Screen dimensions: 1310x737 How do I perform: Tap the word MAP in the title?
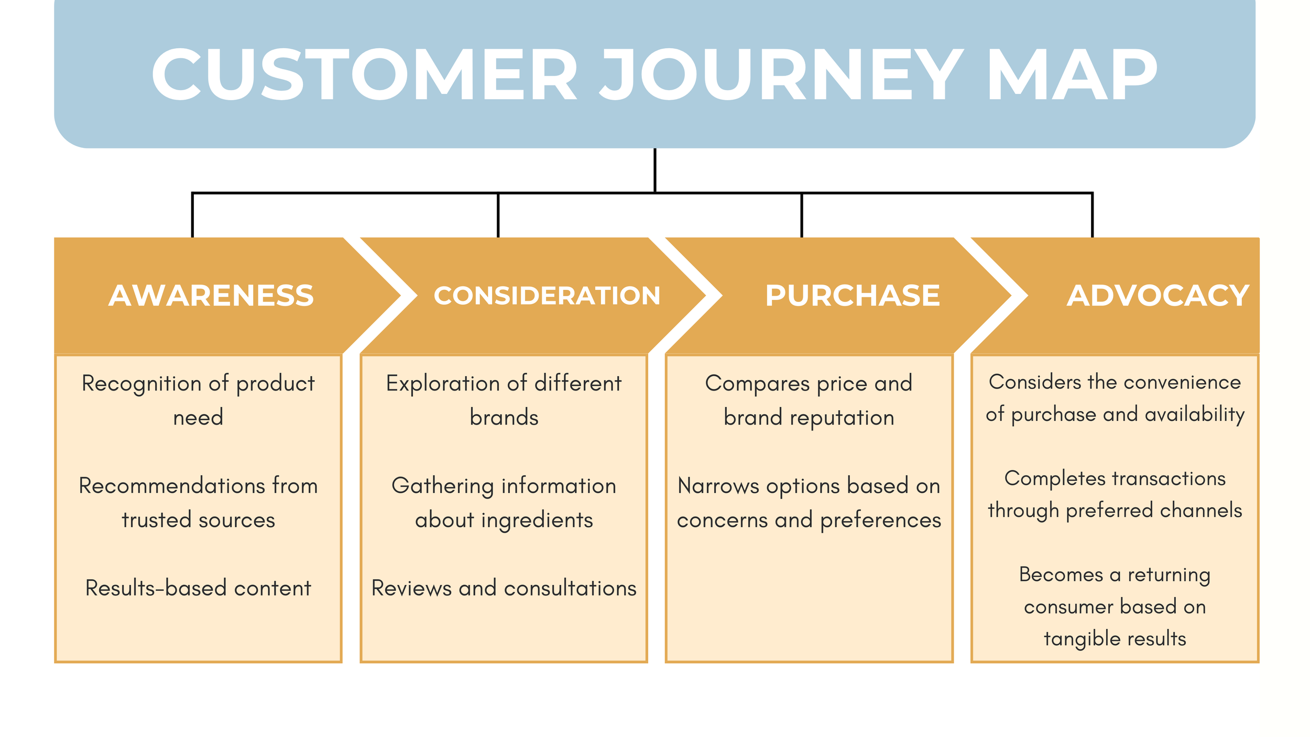1073,74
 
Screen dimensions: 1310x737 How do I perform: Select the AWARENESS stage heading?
211,296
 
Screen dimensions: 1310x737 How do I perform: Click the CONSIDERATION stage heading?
547,296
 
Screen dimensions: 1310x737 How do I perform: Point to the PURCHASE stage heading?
853,296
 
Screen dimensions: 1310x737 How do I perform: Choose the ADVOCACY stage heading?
1158,296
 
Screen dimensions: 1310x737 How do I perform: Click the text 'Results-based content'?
198,588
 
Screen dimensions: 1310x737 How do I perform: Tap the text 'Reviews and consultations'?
504,588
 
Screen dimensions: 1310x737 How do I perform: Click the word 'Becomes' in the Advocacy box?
1061,575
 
